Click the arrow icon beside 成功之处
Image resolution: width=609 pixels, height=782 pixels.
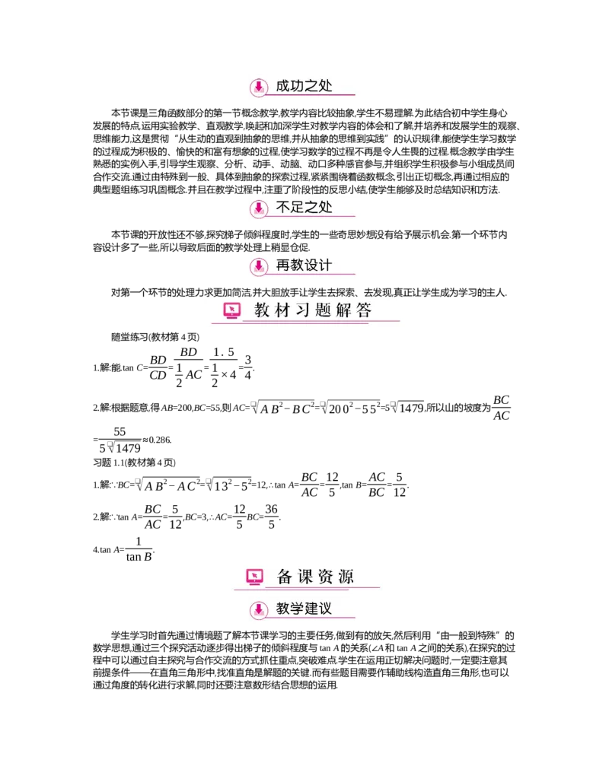260,87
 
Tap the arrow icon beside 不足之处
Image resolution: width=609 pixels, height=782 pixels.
260,208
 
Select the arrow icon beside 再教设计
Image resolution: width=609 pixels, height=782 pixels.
260,265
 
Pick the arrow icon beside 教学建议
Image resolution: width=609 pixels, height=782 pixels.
260,610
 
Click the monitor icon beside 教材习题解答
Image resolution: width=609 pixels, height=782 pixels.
231,310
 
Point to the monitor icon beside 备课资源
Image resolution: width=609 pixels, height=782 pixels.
254,577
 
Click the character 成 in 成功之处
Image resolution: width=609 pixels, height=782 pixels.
283,86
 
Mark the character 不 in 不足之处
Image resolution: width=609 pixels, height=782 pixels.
283,207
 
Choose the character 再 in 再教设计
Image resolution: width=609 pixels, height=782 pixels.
283,265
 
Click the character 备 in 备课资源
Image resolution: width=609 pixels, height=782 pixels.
285,577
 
